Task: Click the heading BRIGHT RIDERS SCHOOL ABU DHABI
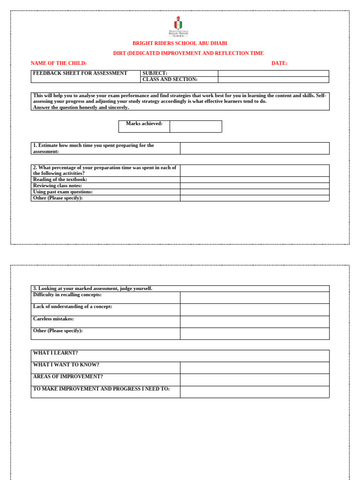(x=180, y=43)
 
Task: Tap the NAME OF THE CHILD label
(x=59, y=63)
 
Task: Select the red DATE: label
(x=279, y=63)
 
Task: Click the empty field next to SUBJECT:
(x=273, y=74)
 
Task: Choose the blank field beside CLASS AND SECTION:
(x=273, y=80)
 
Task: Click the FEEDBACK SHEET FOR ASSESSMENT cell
(x=80, y=73)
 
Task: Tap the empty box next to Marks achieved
(x=195, y=127)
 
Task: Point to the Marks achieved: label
(x=144, y=124)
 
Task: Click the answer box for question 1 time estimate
(x=255, y=149)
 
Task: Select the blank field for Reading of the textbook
(x=255, y=180)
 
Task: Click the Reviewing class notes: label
(x=58, y=186)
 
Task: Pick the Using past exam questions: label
(x=63, y=192)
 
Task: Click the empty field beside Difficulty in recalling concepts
(x=255, y=298)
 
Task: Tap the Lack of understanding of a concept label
(x=73, y=307)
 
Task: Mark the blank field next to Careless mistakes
(x=255, y=322)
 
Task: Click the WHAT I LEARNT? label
(x=56, y=353)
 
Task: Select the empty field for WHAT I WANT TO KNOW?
(x=255, y=368)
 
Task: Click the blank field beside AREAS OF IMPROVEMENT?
(x=255, y=380)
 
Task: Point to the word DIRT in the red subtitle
(x=120, y=53)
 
